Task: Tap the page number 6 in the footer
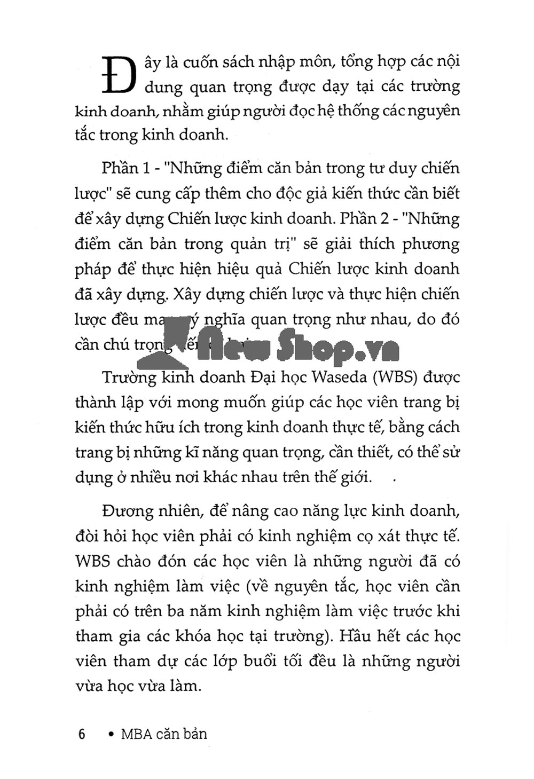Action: [82, 734]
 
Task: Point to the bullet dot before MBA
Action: [111, 735]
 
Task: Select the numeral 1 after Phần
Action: [147, 169]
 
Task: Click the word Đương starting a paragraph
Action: [127, 511]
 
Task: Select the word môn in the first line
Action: [315, 62]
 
